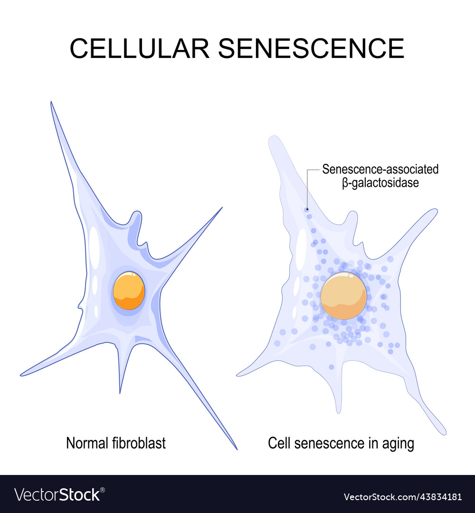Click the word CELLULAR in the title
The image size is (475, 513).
tap(138, 48)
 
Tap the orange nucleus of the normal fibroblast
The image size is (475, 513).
tap(129, 290)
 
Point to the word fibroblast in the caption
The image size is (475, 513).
tap(139, 443)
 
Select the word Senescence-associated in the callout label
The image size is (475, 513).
tap(380, 169)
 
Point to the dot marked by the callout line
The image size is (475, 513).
tap(307, 209)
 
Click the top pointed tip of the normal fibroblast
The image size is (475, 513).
tap(51, 103)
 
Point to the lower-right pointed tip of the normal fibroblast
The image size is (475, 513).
tap(236, 448)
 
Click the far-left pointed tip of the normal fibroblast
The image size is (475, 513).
tap(21, 375)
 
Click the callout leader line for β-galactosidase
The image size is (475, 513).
tap(307, 185)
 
